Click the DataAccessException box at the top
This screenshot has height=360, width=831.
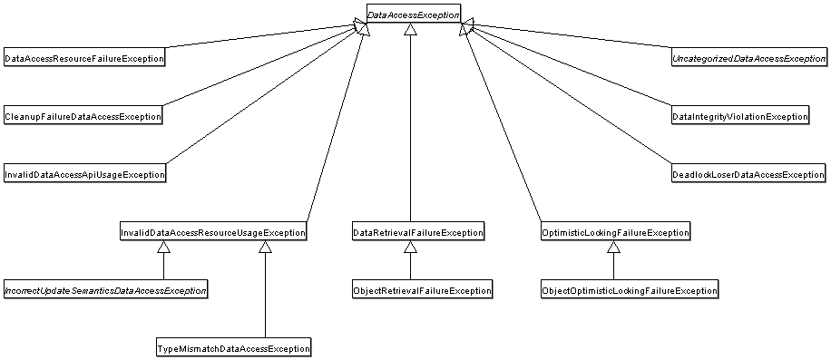click(x=413, y=15)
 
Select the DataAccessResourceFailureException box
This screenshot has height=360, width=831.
click(x=84, y=58)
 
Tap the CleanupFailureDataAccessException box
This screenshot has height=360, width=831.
click(x=83, y=116)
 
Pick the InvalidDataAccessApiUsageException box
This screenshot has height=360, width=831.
click(x=84, y=174)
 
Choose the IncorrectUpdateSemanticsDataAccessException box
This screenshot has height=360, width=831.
click(x=105, y=290)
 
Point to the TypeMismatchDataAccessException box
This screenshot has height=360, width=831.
click(x=233, y=348)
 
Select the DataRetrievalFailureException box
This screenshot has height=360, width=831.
click(x=417, y=232)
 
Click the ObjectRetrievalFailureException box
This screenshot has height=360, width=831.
click(x=422, y=290)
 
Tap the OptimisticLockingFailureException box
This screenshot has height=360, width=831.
click(x=614, y=232)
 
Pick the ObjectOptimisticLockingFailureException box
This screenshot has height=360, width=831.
click(x=629, y=290)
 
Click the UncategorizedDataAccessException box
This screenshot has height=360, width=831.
click(x=748, y=58)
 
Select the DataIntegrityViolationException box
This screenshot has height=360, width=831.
click(x=739, y=116)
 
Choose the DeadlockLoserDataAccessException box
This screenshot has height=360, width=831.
click(x=748, y=174)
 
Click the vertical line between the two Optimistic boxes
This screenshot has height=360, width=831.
click(x=613, y=268)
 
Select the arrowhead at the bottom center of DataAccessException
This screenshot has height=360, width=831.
click(x=410, y=30)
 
